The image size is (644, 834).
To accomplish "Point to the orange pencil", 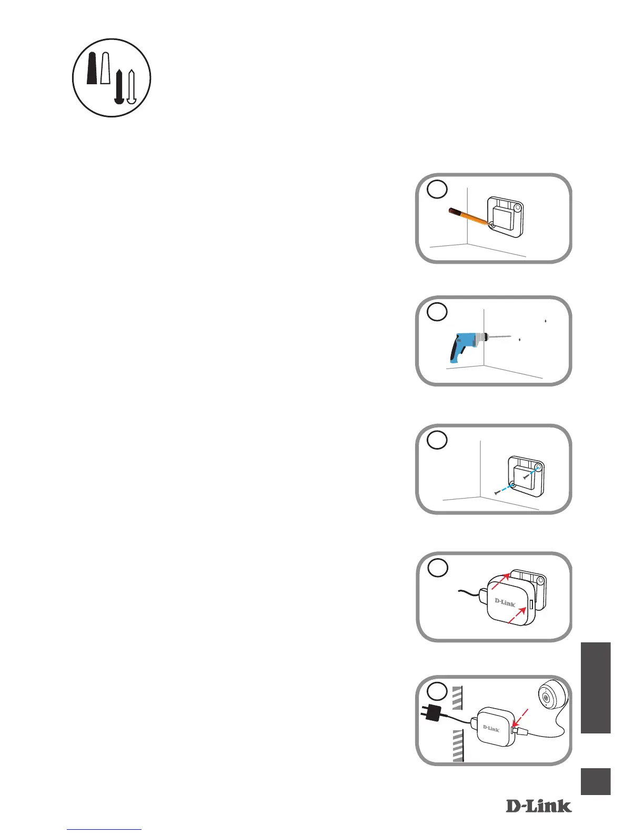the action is click(468, 217).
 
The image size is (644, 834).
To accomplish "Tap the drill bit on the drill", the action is click(500, 336).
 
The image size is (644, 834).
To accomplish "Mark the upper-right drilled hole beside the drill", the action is click(546, 321).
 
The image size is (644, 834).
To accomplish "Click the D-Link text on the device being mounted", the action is click(505, 602).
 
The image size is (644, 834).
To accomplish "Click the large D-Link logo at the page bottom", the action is click(538, 806).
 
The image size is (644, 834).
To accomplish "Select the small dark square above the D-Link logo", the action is click(596, 781).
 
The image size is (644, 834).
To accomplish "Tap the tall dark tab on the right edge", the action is click(596, 687).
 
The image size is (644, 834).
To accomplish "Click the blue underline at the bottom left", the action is click(105, 830).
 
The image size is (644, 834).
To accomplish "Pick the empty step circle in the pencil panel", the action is click(437, 190).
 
